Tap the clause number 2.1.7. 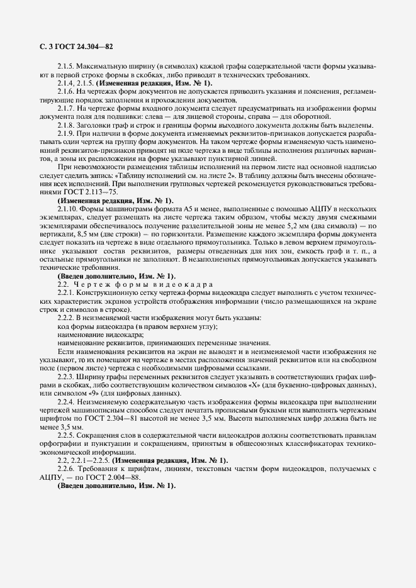coord(66,108)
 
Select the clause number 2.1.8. coord(66,124)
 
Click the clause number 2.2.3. coord(66,375)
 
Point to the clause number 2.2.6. coord(66,469)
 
